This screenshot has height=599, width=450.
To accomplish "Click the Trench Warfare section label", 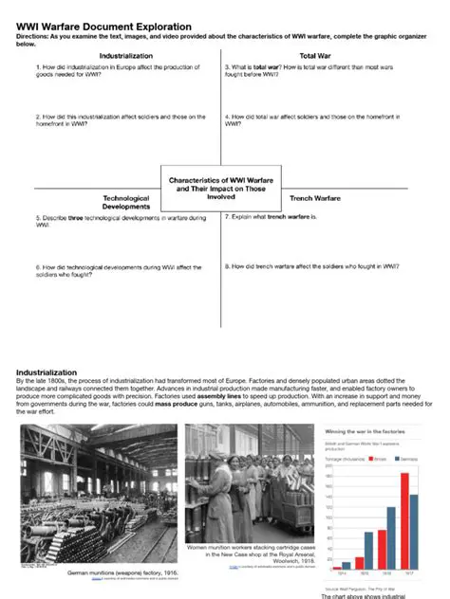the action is tap(314, 198).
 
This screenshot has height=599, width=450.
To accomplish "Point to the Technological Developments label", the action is tap(126, 202).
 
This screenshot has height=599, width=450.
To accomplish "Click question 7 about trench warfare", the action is tap(283, 217).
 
